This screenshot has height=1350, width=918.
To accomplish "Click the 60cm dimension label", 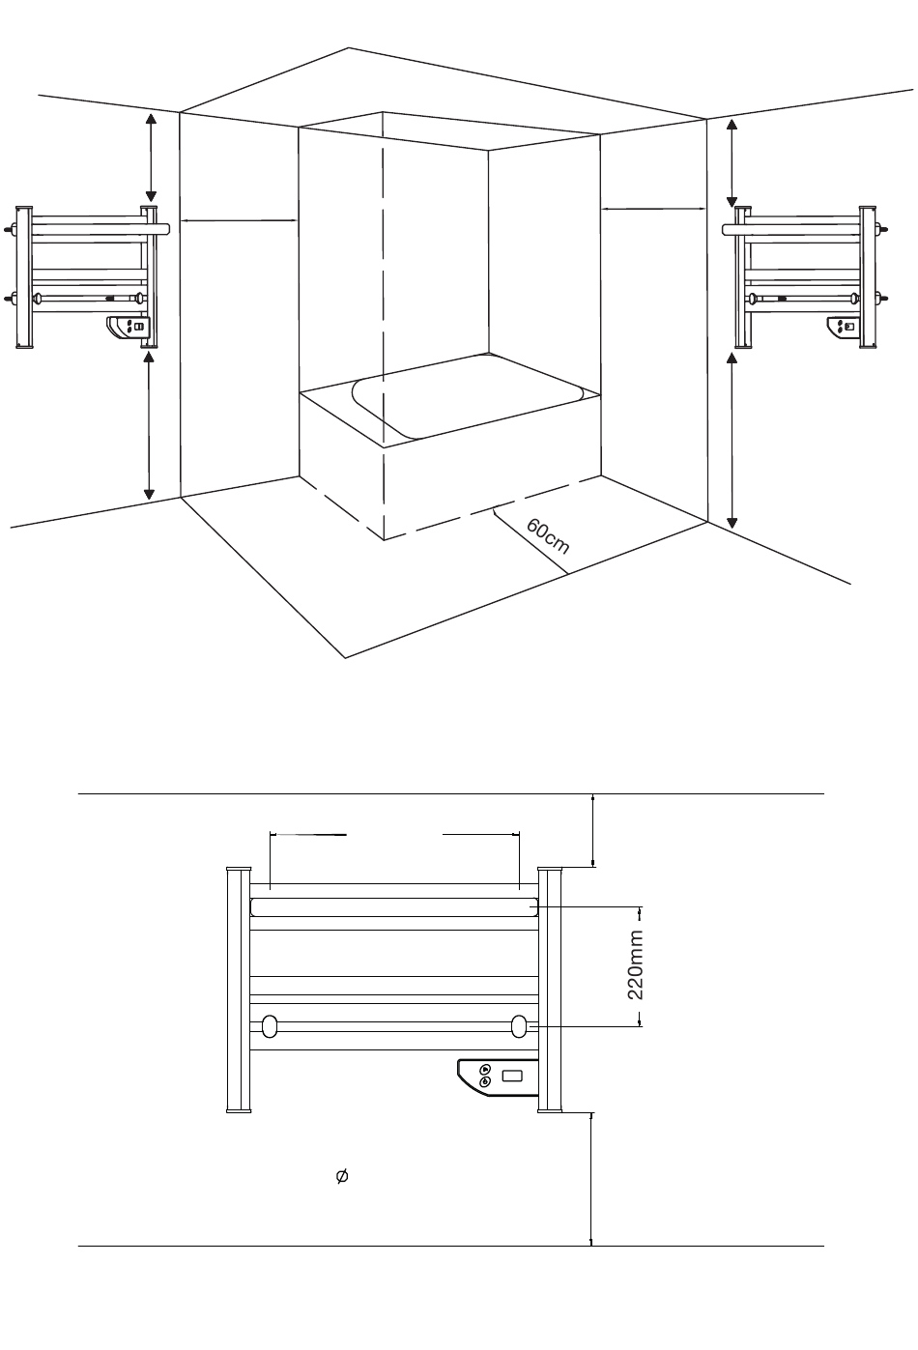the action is coord(548,535).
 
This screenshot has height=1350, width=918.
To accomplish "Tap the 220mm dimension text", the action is coord(636,964).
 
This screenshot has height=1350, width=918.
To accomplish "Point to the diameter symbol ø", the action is coord(342,1176).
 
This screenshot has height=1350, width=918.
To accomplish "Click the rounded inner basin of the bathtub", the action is coord(468,404).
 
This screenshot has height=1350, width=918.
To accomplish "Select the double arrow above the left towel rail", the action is coord(151,158).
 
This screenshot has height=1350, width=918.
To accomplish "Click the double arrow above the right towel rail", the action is coord(732,163).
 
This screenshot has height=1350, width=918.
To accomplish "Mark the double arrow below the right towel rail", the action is coord(732,442).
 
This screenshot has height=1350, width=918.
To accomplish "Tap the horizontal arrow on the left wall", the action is coord(240,220).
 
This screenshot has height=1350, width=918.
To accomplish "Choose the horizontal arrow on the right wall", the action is coord(653,209).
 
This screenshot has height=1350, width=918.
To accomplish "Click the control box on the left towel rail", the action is coord(128,328).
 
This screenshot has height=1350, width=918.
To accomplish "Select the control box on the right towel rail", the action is coord(844,328).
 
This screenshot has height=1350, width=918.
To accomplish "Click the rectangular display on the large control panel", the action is coord(512,1076).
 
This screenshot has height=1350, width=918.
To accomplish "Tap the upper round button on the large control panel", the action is coord(485,1069).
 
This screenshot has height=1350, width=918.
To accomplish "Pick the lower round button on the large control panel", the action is coord(485,1081).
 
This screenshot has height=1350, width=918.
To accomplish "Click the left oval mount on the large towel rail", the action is coord(270,1026).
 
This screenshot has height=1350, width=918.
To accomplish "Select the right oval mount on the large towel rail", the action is coord(519,1026).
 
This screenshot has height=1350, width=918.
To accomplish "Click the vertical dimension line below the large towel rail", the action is coord(591,1179).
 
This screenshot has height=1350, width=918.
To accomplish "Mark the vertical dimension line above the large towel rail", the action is coord(593,830).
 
